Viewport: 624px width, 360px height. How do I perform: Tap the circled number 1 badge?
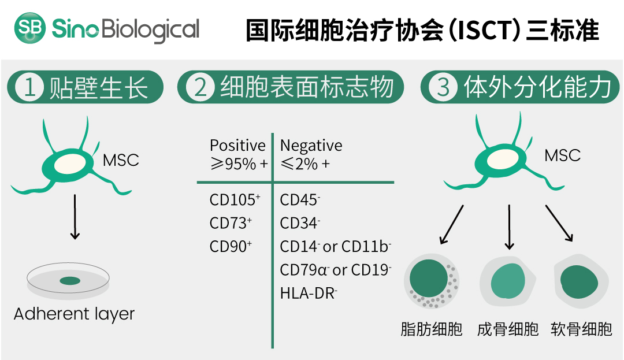coord(29,87)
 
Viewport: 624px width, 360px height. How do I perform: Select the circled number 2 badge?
coord(200,87)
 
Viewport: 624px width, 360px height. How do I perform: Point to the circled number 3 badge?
coord(443,87)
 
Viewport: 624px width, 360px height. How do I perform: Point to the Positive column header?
coord(237,146)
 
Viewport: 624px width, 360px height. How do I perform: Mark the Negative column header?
coord(311,146)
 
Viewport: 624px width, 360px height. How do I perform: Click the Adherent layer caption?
coord(74,314)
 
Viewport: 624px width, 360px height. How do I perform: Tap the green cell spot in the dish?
coord(70,281)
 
